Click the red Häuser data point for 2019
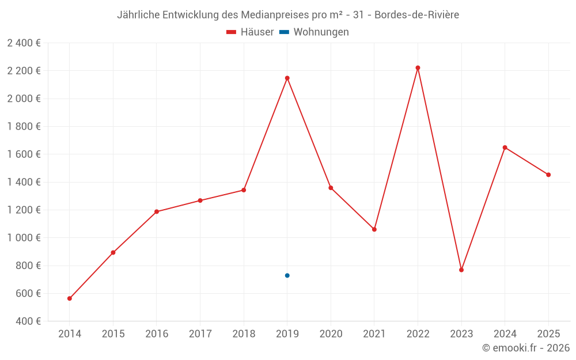[287, 78]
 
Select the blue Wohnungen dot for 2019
[287, 275]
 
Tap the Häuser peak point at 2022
[418, 68]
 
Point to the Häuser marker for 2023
[461, 270]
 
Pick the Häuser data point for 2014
[70, 298]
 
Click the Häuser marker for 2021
[374, 229]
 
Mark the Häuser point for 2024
[505, 147]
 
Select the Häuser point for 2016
[157, 211]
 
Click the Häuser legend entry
[250, 32]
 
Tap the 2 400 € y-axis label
[24, 43]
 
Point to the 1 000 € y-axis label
[24, 238]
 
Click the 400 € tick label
[28, 321]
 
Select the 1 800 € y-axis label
[24, 127]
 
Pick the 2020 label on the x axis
[331, 334]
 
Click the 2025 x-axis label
[548, 334]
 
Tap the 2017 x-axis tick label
[200, 334]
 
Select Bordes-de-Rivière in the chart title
[416, 15]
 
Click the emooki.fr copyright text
[526, 348]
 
